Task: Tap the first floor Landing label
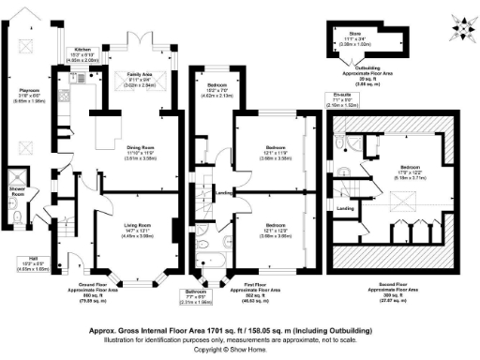pyautogui.click(x=223, y=193)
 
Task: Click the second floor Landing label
pyautogui.click(x=345, y=208)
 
